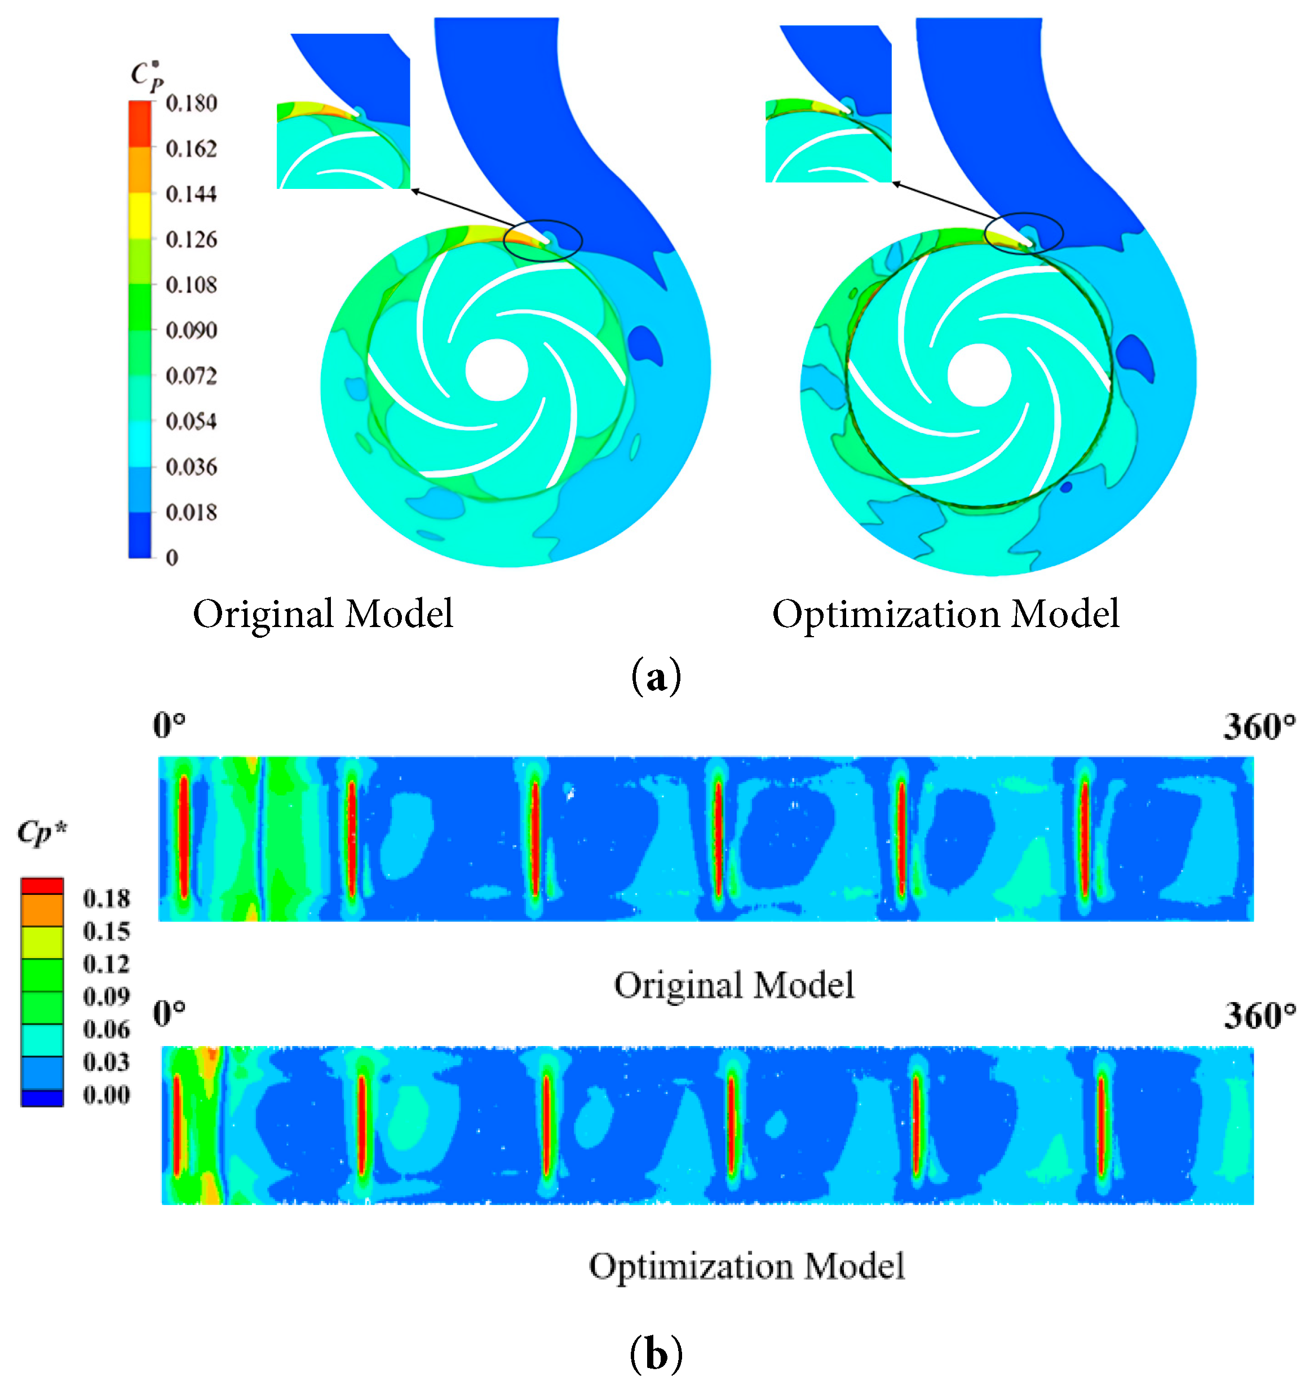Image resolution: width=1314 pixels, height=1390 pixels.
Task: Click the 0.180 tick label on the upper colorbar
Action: [191, 104]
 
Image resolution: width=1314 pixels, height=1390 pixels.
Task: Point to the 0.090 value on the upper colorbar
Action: [191, 330]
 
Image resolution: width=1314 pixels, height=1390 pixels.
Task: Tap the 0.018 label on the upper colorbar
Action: [191, 512]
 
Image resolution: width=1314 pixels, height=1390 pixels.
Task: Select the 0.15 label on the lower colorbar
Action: [106, 931]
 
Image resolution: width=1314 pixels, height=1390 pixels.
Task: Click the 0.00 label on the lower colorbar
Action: [106, 1095]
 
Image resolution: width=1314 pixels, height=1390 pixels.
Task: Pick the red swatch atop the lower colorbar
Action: [42, 886]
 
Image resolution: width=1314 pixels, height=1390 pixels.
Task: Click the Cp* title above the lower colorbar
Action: [42, 832]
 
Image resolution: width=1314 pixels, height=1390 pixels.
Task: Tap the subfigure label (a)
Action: [656, 677]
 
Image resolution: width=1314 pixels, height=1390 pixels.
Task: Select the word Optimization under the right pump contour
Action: [886, 615]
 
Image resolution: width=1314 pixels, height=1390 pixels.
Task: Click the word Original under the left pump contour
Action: [263, 615]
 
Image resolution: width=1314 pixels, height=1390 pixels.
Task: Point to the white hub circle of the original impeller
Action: [496, 370]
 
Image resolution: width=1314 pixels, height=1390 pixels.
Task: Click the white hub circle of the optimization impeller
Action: [979, 375]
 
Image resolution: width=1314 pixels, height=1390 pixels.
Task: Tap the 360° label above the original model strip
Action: [1259, 726]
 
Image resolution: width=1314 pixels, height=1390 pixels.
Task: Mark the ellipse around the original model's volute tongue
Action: [542, 240]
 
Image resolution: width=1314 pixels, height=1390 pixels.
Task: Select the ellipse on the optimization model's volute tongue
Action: [1023, 233]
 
